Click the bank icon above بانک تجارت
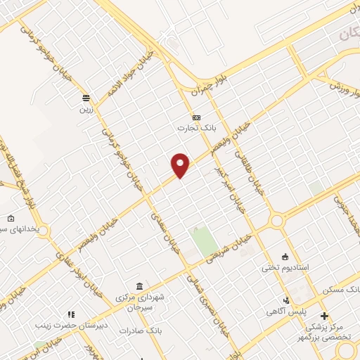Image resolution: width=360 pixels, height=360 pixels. [196, 117]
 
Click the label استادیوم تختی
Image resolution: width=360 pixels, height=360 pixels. [281, 267]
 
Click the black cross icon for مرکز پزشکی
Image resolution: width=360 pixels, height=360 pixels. [324, 315]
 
